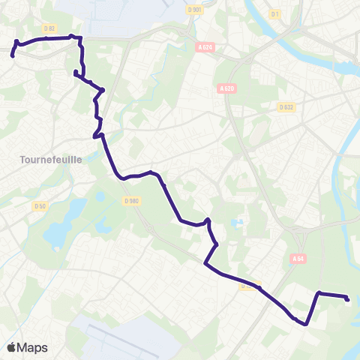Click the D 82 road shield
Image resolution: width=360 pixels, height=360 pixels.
50,28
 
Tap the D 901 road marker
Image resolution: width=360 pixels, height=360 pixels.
194,10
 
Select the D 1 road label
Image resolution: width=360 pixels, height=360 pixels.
274,14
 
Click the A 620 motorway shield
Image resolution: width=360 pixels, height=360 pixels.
227,88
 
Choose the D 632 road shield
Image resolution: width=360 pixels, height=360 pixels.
286,107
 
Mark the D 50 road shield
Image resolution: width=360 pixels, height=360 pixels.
40,205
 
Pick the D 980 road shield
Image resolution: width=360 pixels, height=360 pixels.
131,200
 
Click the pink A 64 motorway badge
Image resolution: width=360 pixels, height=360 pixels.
298,259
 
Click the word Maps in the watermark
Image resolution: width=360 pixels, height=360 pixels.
32,347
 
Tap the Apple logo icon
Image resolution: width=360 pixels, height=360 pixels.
11,346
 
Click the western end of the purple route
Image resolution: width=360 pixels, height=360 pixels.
12,55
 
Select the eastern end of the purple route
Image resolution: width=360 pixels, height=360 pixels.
348,299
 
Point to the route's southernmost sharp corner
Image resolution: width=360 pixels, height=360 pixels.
306,324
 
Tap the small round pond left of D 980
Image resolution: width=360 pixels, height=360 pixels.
100,196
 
